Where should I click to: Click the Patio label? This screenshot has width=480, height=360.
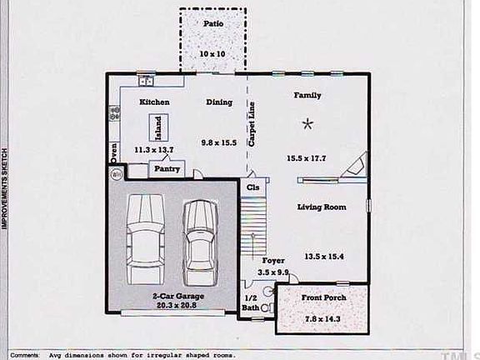tap(212, 23)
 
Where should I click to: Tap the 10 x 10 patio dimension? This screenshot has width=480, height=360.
tap(212, 53)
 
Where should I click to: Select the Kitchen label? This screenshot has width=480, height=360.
tap(154, 102)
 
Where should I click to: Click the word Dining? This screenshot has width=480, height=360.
tap(220, 102)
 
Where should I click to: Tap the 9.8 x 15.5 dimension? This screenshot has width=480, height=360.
tap(220, 143)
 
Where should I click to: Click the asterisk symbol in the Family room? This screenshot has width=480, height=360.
tap(307, 124)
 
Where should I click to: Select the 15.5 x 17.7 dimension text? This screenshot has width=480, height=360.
tap(307, 157)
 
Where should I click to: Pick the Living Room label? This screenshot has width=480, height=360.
tap(322, 207)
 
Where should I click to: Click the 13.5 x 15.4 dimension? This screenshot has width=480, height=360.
tap(324, 256)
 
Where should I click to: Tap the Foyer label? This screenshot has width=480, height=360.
tap(273, 261)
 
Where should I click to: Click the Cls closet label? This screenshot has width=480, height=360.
tap(252, 188)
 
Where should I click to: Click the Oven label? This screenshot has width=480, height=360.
tap(113, 154)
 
